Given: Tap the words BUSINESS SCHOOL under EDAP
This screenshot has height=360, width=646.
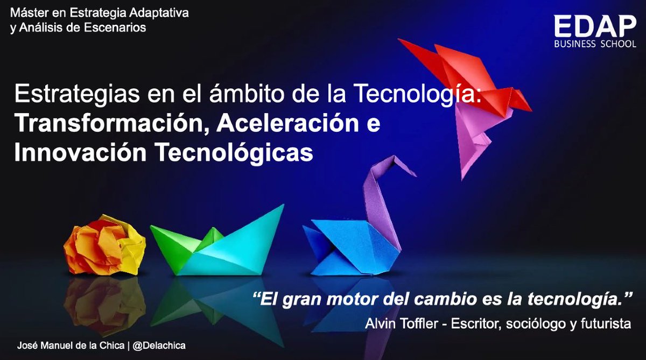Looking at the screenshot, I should tap(595, 44).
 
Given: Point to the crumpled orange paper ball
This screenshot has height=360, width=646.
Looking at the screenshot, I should tap(104, 247).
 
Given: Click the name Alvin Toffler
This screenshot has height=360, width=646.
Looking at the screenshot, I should tap(399, 323).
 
